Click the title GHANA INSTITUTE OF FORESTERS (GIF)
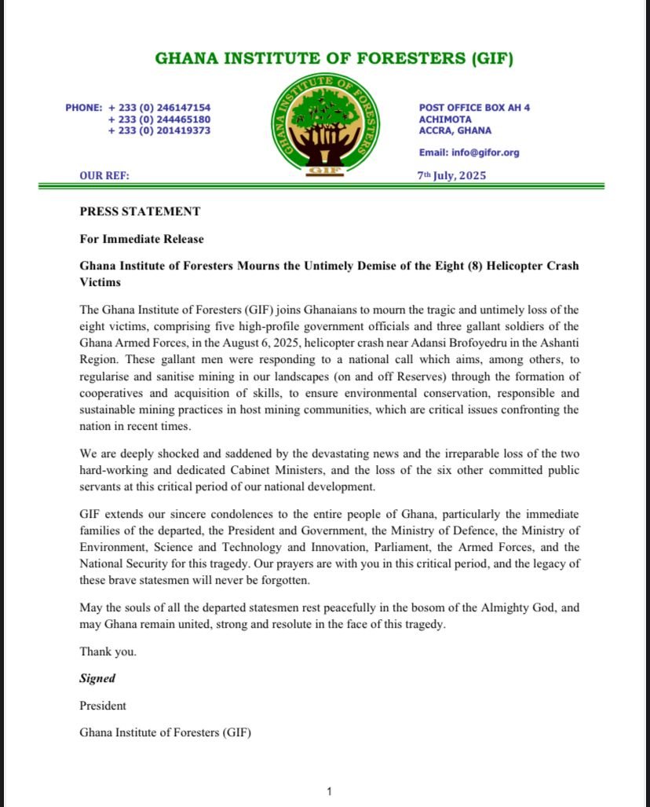click(334, 59)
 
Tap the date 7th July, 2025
click(451, 175)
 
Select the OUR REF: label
click(104, 176)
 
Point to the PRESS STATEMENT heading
click(140, 211)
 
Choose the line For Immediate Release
click(141, 239)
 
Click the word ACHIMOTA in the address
click(445, 119)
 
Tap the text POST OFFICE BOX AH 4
click(474, 108)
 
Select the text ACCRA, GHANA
click(455, 130)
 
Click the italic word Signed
click(97, 678)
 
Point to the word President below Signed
click(103, 706)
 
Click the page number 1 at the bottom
click(330, 791)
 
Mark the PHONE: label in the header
click(84, 108)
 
